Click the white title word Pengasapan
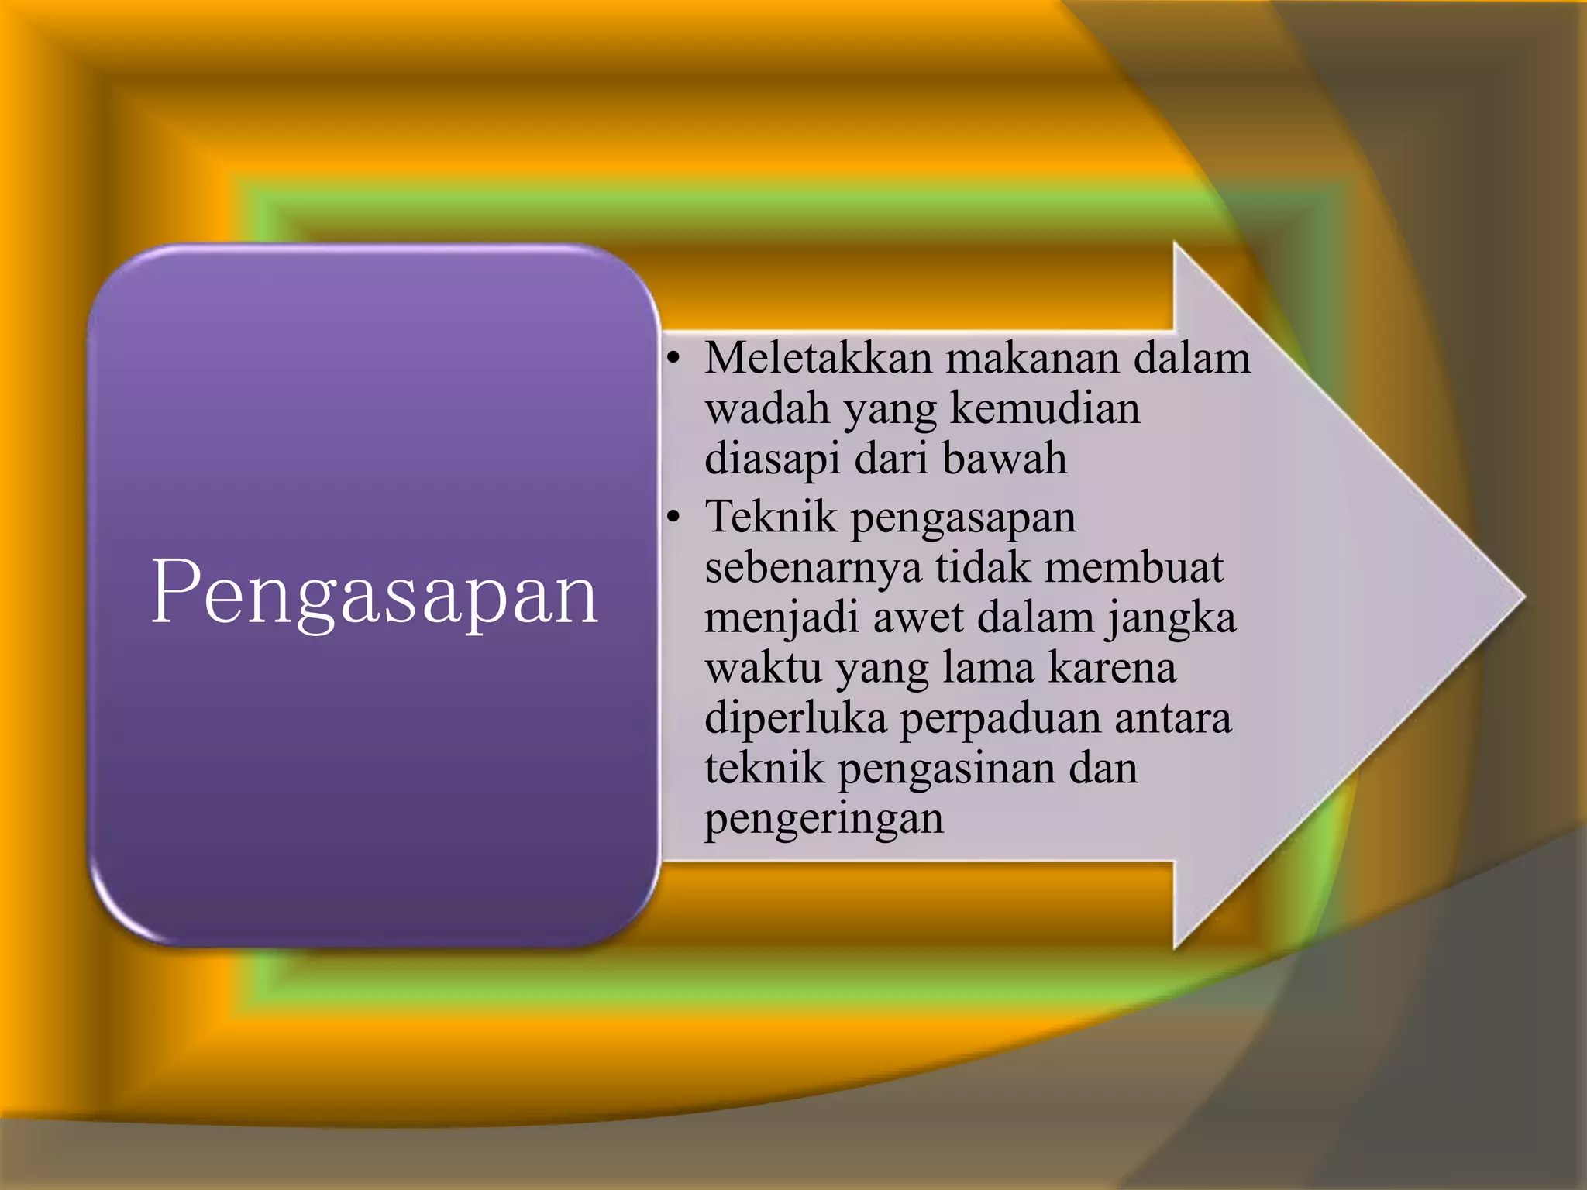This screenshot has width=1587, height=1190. (375, 593)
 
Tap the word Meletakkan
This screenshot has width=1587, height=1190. (818, 359)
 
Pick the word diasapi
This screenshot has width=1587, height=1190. (772, 459)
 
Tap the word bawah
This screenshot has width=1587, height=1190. (1004, 459)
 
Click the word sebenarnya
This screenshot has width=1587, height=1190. (813, 568)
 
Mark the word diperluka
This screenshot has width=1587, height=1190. (795, 719)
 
